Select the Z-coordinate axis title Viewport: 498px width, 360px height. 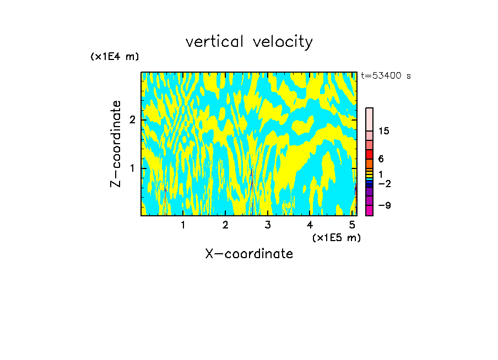116,144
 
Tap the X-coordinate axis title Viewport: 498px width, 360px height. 249,254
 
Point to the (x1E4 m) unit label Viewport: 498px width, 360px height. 115,57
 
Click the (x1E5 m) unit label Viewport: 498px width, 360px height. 336,237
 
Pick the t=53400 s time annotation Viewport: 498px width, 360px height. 386,76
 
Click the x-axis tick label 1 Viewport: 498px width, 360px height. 183,225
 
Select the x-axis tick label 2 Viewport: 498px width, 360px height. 225,225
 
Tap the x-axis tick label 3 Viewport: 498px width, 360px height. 268,225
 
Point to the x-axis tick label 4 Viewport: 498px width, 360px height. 310,225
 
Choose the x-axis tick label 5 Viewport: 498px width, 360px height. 352,225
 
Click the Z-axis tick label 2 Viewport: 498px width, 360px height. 132,119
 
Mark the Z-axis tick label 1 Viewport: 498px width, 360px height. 132,167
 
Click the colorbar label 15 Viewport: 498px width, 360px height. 384,131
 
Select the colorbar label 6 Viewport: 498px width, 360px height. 381,159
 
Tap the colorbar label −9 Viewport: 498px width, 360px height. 384,205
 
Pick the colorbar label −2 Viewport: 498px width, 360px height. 384,183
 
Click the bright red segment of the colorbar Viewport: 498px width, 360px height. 369,154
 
